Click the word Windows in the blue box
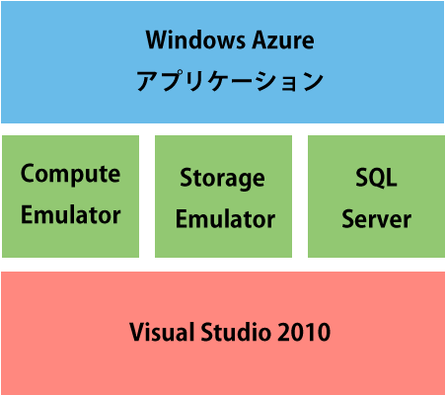[195, 40]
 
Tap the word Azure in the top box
[283, 40]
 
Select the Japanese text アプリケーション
[230, 81]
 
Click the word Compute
[70, 175]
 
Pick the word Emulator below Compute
[71, 215]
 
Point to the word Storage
[222, 179]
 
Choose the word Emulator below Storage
[225, 219]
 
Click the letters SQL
[376, 178]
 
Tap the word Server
[376, 219]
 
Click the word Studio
[236, 332]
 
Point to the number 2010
[304, 332]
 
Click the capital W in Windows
[158, 40]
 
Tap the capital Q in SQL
[377, 178]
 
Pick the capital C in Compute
[28, 173]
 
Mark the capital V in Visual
[138, 332]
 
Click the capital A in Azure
[260, 40]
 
